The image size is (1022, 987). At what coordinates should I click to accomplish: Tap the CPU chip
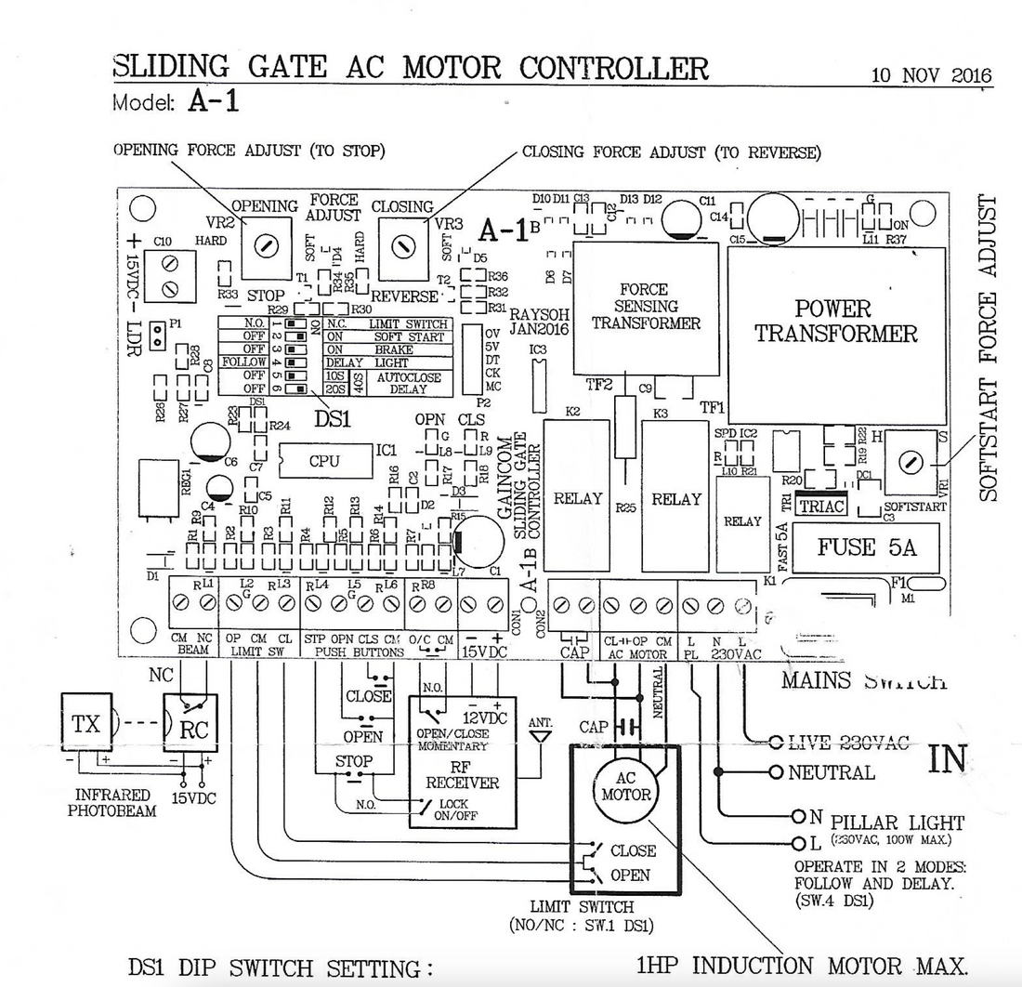click(324, 461)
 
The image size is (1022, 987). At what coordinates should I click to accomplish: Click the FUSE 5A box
click(866, 547)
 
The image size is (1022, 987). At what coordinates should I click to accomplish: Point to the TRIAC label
click(820, 507)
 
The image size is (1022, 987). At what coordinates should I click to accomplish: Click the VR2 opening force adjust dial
click(266, 245)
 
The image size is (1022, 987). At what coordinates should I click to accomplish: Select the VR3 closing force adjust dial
click(401, 246)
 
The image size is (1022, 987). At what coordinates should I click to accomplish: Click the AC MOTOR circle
click(625, 786)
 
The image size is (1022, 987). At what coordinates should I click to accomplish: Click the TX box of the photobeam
click(86, 722)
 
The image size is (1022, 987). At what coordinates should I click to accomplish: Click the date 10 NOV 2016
click(931, 75)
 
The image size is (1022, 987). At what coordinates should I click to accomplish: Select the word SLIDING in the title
click(171, 67)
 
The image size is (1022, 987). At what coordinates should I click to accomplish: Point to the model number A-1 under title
click(214, 101)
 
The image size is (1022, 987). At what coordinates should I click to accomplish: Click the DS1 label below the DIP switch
click(332, 418)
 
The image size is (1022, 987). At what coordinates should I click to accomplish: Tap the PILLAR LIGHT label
click(897, 822)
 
